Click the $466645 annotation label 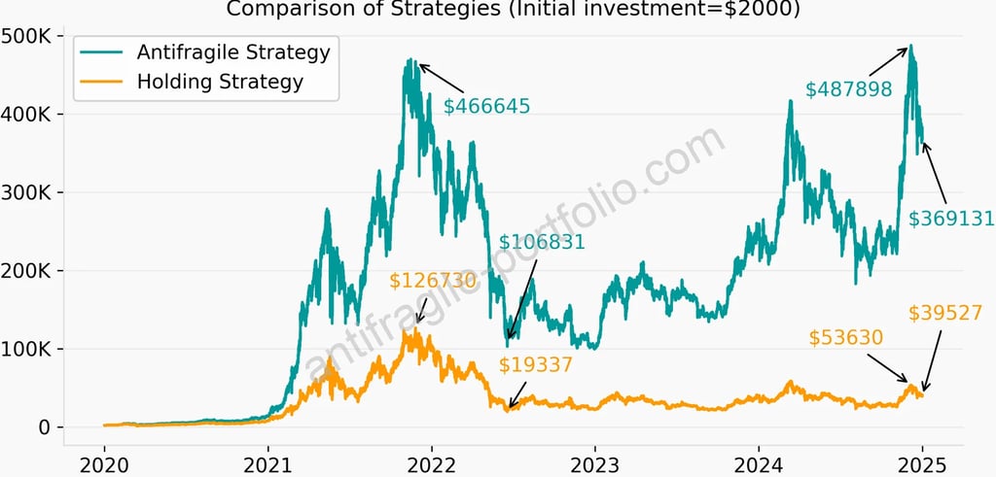486,107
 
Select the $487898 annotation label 848,89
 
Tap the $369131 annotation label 951,220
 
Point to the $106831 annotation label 542,242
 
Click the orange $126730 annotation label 433,281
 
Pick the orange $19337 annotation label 536,365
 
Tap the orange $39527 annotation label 945,313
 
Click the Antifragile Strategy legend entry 232,51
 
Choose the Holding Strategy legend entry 220,82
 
